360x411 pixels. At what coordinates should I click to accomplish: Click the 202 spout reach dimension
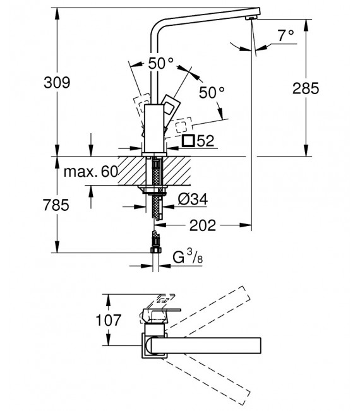203,223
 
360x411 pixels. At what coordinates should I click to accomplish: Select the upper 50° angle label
160,63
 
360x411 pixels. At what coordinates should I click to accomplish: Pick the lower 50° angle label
212,92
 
